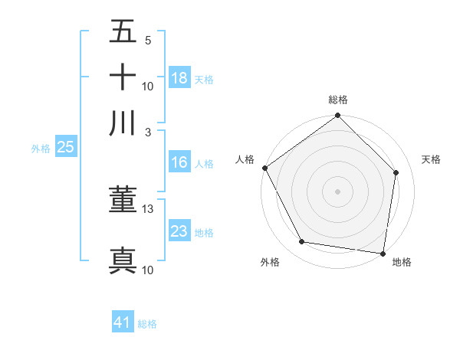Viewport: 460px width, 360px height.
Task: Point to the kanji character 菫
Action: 123,200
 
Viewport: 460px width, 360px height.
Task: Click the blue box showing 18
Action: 179,78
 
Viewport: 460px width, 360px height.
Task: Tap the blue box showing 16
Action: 179,162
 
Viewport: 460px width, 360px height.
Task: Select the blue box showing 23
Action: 179,231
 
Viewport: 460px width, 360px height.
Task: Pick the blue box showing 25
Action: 65,147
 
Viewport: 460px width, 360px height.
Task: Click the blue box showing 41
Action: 123,322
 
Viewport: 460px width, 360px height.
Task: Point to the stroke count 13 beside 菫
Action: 148,209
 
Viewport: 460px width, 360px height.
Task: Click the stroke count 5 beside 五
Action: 148,40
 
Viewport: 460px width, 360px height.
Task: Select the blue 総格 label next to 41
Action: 147,324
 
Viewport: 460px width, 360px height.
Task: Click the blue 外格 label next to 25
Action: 41,149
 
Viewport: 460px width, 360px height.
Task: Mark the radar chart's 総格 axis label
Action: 337,100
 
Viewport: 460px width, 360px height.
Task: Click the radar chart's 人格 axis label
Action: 245,159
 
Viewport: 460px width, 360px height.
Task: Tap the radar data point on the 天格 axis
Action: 396,172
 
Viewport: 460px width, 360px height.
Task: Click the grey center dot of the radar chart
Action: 337,191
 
